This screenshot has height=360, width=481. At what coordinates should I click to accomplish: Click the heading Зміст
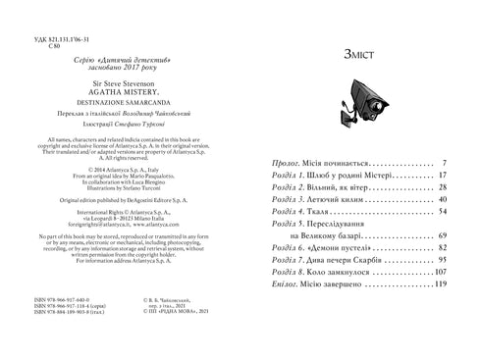coord(360,56)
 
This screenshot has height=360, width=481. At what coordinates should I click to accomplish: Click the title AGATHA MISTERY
coord(123,96)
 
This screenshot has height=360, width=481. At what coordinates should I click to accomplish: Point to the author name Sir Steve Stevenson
coord(123,87)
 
